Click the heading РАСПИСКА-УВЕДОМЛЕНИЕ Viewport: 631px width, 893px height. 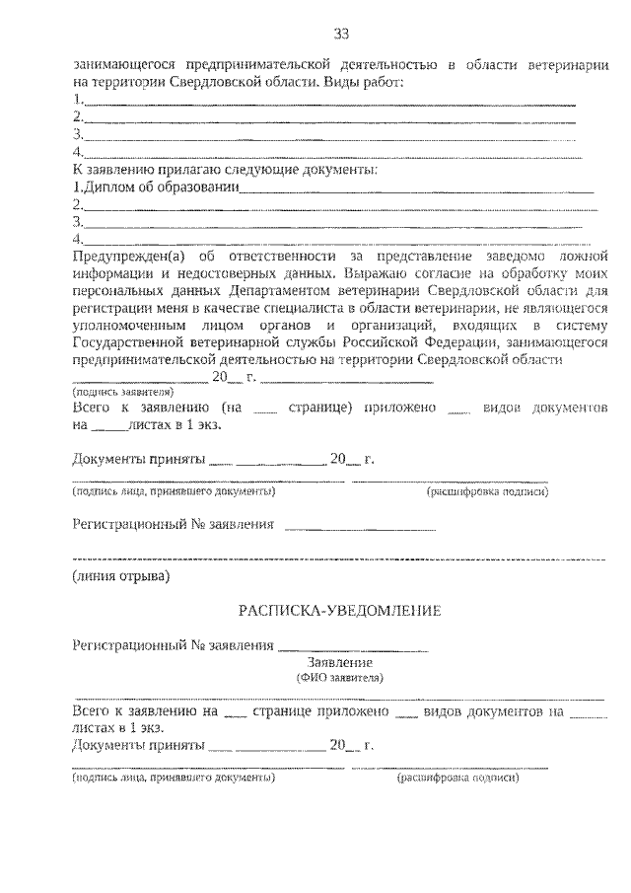tap(340, 611)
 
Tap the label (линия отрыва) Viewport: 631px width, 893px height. tap(121, 574)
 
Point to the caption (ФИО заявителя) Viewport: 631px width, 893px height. tap(339, 679)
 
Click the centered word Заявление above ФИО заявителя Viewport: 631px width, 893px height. tap(339, 664)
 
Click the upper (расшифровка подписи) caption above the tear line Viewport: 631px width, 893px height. tap(487, 490)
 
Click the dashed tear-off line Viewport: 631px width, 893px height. tap(340, 558)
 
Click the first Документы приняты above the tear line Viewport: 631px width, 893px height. tap(138, 460)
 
